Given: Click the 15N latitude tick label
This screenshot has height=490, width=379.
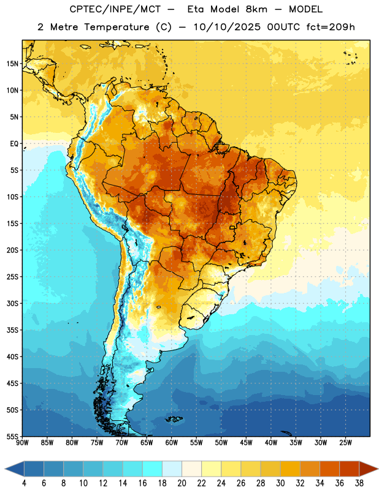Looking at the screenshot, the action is [x=12, y=64].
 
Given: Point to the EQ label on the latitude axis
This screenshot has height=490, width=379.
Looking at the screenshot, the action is [x=14, y=144].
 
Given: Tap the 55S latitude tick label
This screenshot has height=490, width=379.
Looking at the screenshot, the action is [x=12, y=437].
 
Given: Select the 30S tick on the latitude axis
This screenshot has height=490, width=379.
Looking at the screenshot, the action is [x=12, y=303].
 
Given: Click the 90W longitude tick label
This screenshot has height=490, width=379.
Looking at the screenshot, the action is [x=22, y=443].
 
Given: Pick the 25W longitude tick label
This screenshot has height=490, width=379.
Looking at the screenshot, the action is [x=345, y=443].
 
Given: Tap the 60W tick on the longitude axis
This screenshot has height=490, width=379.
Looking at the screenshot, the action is [x=172, y=443].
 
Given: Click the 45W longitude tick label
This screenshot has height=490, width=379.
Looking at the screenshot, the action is [x=246, y=443].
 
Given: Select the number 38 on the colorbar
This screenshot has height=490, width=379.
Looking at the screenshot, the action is [x=359, y=483].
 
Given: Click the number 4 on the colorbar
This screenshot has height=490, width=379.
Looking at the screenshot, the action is [x=24, y=483].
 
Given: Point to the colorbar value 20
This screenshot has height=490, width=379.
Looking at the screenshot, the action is [x=182, y=483].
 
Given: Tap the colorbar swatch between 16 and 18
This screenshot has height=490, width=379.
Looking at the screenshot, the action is [x=152, y=469].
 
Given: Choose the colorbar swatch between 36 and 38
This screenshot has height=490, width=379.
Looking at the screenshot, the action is [x=350, y=469].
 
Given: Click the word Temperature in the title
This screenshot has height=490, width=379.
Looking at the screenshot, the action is [x=117, y=27].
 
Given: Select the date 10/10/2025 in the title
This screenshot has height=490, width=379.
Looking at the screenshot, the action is [x=227, y=27].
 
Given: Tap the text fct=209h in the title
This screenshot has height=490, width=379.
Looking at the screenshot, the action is [x=331, y=27].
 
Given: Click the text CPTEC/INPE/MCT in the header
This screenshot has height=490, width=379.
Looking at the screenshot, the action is [x=115, y=9].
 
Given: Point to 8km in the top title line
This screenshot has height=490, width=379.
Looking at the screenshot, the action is [x=256, y=9].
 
